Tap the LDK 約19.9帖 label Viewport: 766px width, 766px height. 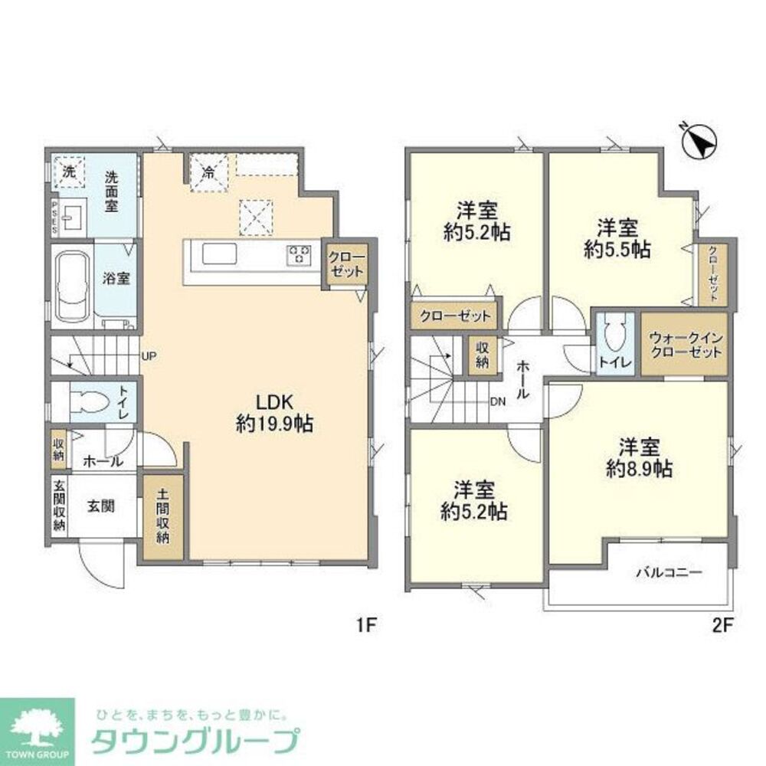click(x=274, y=414)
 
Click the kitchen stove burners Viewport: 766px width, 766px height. click(x=300, y=254)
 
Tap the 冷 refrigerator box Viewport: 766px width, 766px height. click(x=208, y=173)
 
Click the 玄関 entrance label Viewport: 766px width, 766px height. click(x=100, y=506)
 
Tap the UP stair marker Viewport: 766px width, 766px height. click(x=149, y=356)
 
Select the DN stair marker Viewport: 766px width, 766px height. click(x=498, y=400)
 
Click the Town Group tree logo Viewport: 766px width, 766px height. click(x=37, y=732)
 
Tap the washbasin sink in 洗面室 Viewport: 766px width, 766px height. click(x=75, y=217)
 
